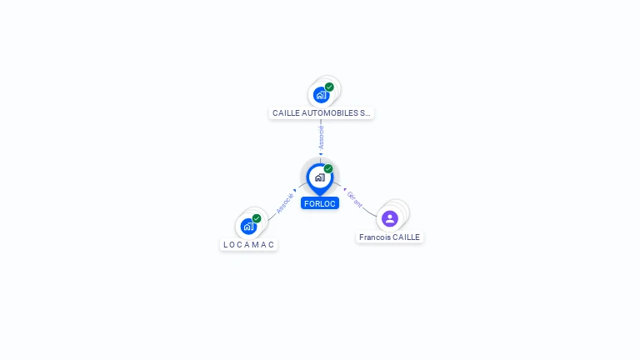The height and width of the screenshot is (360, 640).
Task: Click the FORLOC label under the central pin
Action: click(x=320, y=203)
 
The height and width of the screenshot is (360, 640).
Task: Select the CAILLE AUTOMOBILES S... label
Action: click(x=321, y=112)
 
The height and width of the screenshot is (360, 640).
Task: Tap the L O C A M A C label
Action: click(x=248, y=244)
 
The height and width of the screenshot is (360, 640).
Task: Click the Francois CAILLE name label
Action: click(x=390, y=237)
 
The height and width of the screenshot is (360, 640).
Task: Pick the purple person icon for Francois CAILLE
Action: click(x=389, y=218)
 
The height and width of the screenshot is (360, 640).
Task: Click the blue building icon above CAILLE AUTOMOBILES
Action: click(x=321, y=95)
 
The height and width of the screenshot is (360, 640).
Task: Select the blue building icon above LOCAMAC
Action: click(x=248, y=226)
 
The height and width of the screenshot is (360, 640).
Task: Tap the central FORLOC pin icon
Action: click(x=319, y=177)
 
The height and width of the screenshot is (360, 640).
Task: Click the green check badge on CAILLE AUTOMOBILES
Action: click(x=329, y=87)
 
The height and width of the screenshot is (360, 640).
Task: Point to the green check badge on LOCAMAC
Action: click(x=257, y=218)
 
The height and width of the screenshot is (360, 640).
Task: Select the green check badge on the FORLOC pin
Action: click(x=328, y=169)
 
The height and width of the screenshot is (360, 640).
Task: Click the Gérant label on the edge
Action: click(x=355, y=198)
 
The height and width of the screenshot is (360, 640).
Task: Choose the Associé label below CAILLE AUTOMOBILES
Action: click(x=321, y=137)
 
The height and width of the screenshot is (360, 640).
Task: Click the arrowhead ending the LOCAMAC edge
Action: click(x=295, y=191)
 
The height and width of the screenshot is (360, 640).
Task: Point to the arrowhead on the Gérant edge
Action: click(x=344, y=187)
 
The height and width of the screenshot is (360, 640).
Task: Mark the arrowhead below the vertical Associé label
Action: click(x=321, y=153)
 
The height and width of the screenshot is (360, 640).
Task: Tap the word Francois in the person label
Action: click(x=374, y=237)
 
